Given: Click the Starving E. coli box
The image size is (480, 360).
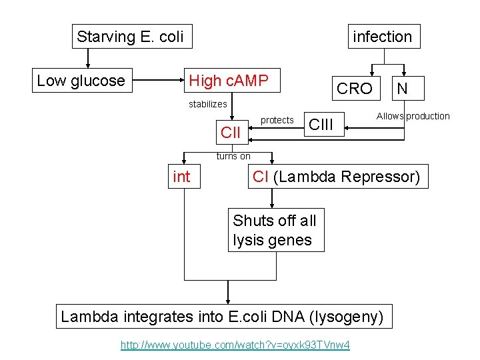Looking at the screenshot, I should click(130, 37).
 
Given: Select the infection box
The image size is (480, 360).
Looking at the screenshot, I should click(382, 37).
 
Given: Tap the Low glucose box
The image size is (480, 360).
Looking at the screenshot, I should click(81, 81).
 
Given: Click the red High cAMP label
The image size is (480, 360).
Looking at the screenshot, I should click(229, 81).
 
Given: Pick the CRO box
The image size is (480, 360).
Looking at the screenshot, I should click(355, 89).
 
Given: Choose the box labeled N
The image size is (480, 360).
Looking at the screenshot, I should click(402, 88).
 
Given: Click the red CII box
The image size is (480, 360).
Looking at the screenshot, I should click(230, 132).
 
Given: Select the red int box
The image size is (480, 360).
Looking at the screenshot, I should click(181, 177).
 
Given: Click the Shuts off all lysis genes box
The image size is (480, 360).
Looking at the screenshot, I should click(275, 230).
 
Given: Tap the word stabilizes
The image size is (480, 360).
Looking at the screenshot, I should click(207, 104).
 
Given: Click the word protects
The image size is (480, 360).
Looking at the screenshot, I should click(277, 120).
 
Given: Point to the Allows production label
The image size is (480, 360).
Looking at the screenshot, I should click(413, 116).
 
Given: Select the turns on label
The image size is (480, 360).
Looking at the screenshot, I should click(233, 156).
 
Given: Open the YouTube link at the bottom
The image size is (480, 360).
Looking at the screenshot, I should click(235, 345).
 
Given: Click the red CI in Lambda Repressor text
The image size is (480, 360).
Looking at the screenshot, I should click(261, 177).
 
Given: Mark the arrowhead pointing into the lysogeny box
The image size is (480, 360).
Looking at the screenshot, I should click(229, 301).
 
